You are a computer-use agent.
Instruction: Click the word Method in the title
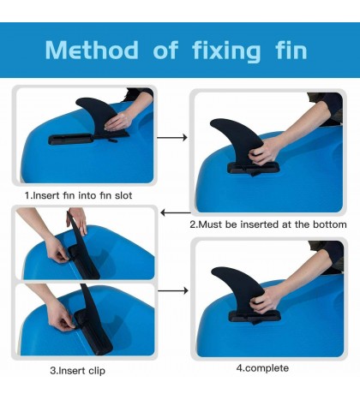tap(92, 50)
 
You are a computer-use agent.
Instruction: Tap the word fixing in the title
tap(226, 51)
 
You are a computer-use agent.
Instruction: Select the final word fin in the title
tap(291, 50)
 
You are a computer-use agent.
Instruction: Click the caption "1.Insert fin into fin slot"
tap(78, 195)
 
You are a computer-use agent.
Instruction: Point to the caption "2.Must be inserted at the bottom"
tap(268, 224)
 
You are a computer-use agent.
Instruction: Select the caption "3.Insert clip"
tap(78, 371)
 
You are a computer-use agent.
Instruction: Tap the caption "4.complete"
tap(262, 368)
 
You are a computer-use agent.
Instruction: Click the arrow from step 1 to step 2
tap(172, 138)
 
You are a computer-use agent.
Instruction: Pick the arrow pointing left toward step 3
tap(176, 212)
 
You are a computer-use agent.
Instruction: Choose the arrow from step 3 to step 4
tap(173, 290)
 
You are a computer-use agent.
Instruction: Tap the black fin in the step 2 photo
tap(237, 140)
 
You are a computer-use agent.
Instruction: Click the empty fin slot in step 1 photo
tap(70, 140)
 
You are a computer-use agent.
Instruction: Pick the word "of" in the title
tap(165, 50)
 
